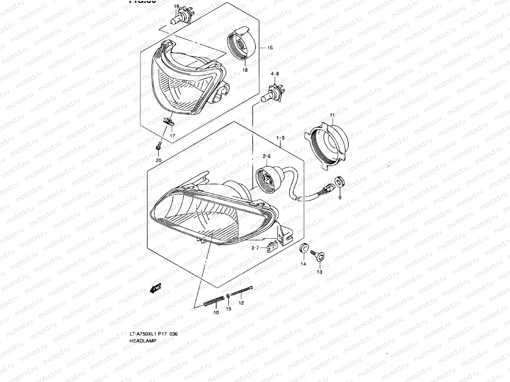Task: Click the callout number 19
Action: pyautogui.click(x=176, y=6)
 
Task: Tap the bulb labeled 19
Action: pyautogui.click(x=176, y=18)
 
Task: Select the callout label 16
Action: pyautogui.click(x=270, y=48)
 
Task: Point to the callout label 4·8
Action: pyautogui.click(x=275, y=74)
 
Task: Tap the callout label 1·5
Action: pyautogui.click(x=280, y=138)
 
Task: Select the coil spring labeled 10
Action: pyautogui.click(x=213, y=301)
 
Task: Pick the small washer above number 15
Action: pyautogui.click(x=228, y=296)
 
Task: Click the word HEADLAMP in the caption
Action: pyautogui.click(x=143, y=341)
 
